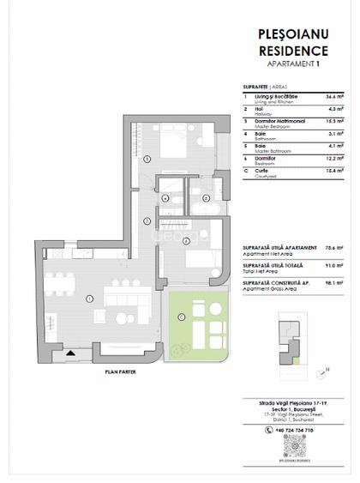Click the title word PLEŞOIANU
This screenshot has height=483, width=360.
(x=293, y=35)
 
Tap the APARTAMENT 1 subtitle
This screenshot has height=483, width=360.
(x=293, y=64)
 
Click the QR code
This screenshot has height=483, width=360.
(x=294, y=443)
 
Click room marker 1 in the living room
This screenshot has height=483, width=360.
(x=89, y=298)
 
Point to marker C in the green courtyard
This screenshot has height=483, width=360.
(x=182, y=317)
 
